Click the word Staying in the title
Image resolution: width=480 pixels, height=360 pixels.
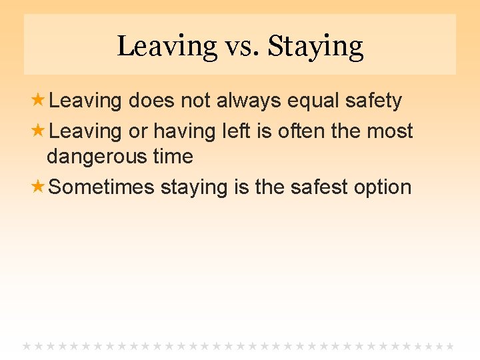coord(315,47)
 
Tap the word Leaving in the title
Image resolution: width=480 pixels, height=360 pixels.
coord(167,47)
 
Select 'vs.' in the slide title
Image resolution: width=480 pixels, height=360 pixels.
coord(242,47)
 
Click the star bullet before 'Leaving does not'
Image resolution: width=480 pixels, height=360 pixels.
coord(39,101)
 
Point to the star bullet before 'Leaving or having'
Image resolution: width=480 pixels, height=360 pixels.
coord(39,131)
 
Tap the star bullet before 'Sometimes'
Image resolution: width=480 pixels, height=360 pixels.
coord(39,187)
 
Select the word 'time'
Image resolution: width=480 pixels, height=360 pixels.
coord(173,157)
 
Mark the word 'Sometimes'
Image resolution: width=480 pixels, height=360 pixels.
coord(101,187)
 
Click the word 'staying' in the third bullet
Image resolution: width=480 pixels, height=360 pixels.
coord(195,187)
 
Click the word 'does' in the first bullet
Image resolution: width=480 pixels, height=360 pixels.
coord(151,101)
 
